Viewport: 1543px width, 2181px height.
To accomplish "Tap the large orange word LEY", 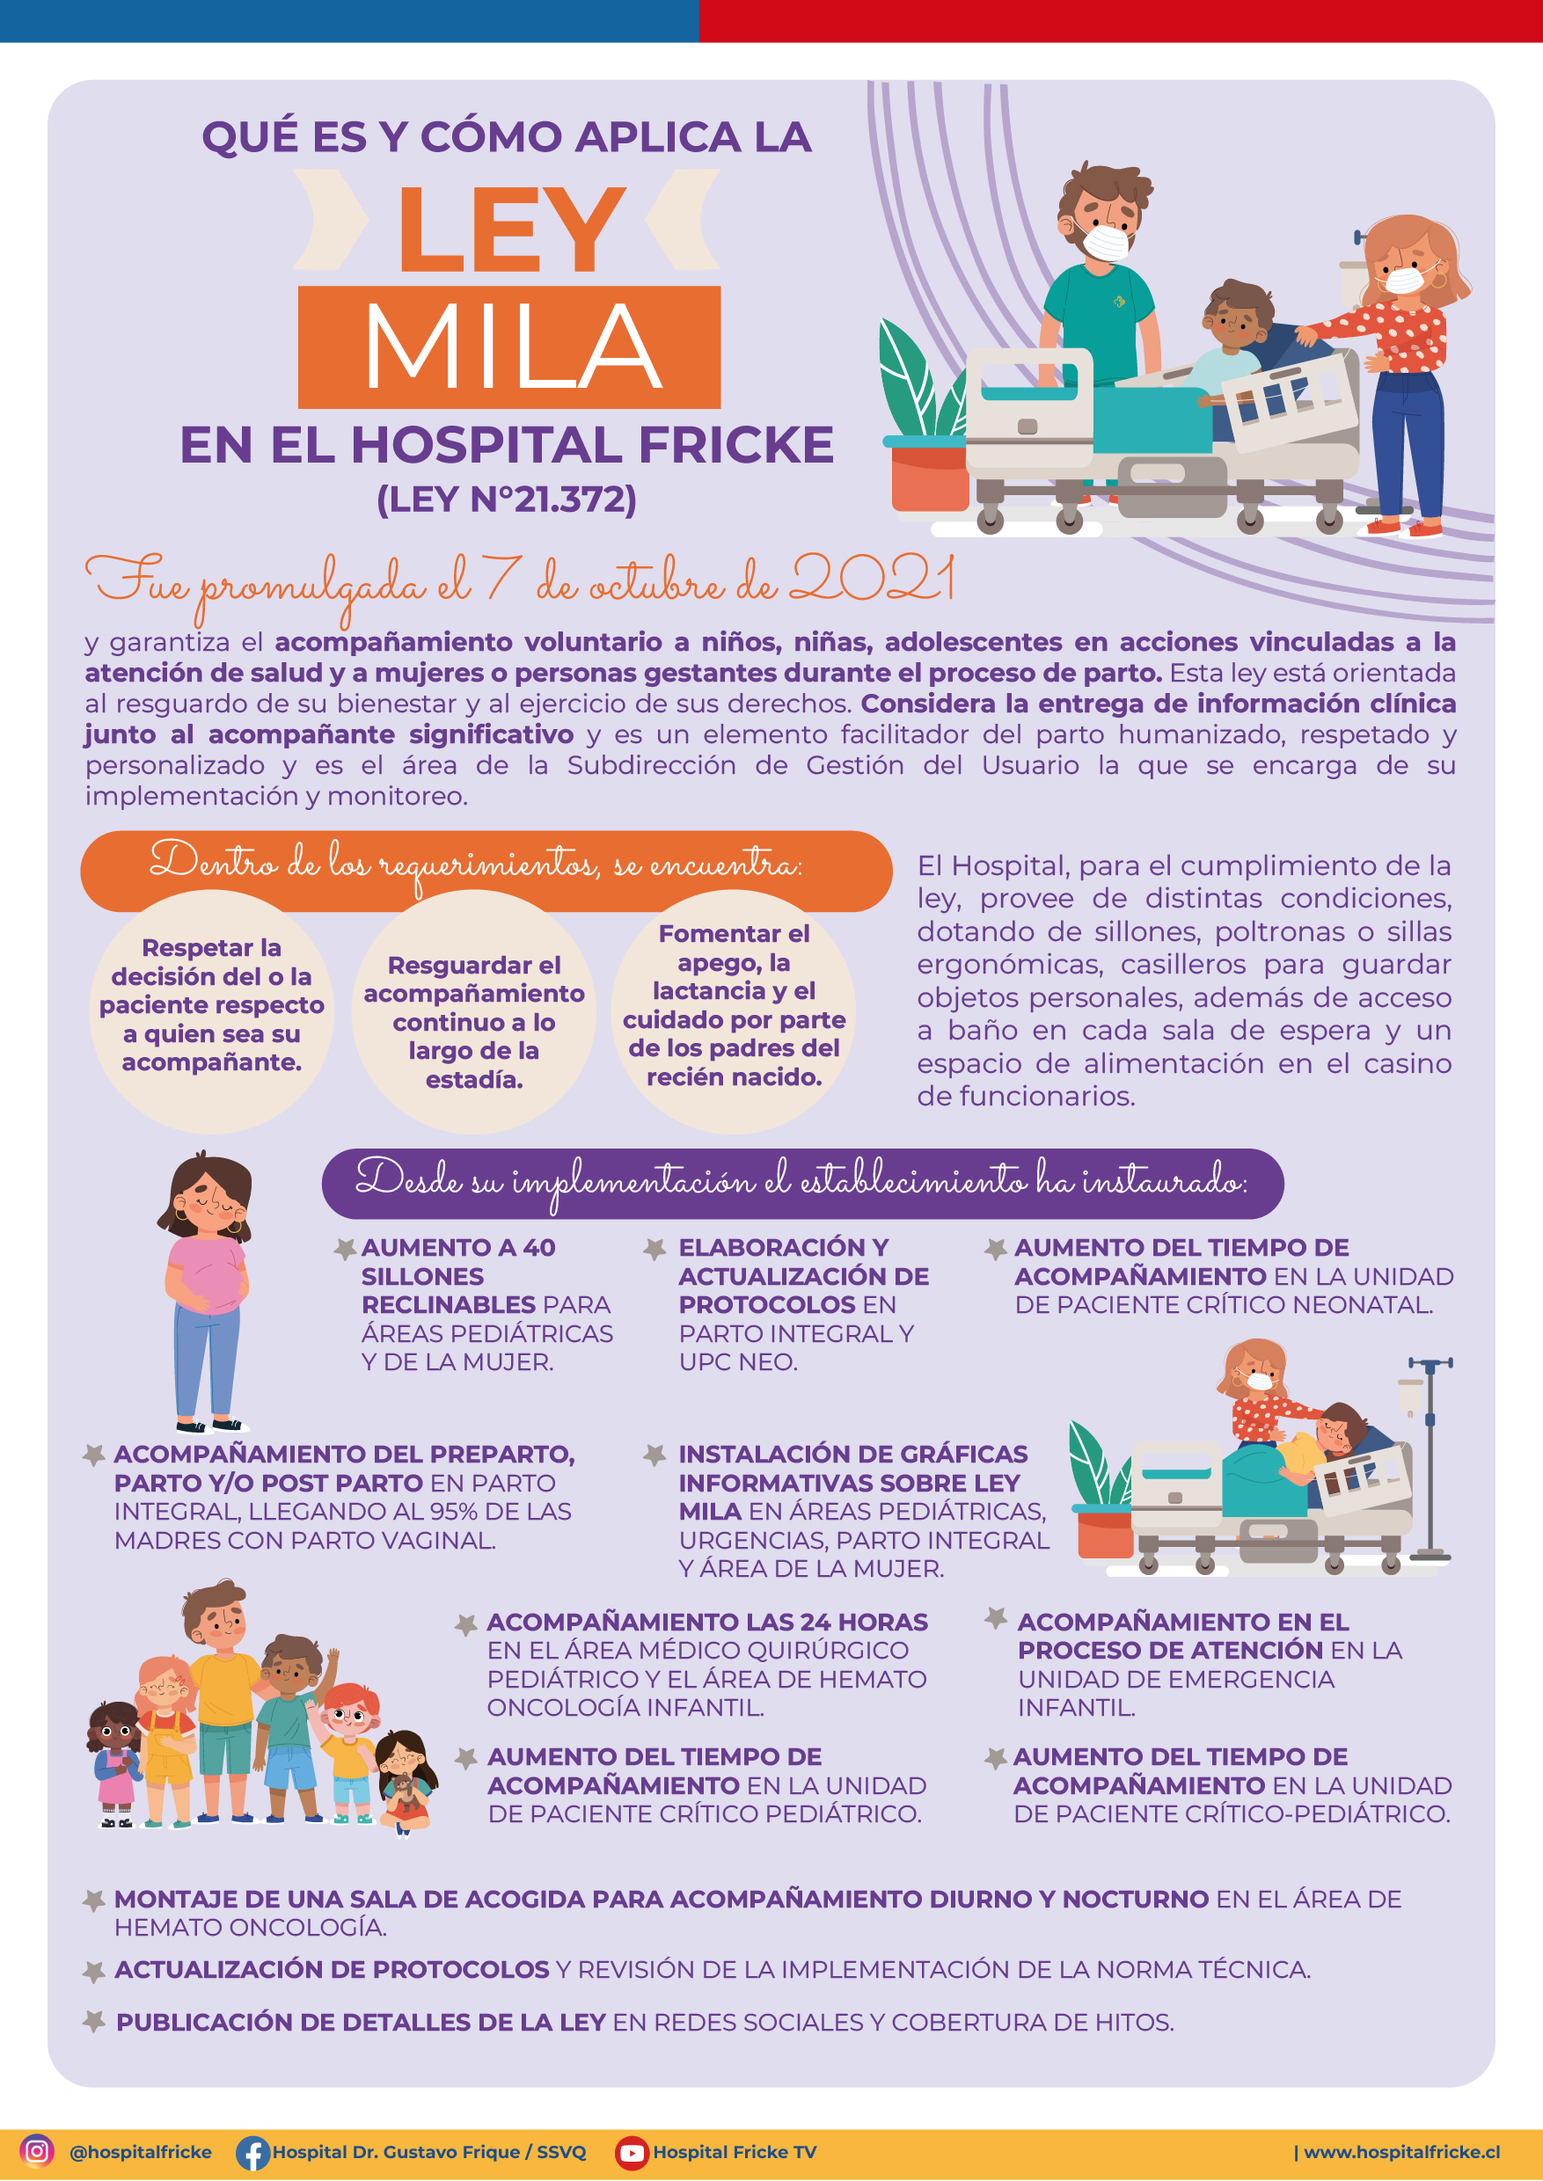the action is point(510,228).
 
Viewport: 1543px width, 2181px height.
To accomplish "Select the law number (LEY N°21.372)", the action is point(507,499).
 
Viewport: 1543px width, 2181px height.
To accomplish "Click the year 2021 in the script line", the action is point(872,578).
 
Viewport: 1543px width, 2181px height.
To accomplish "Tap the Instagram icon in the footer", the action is point(36,2149).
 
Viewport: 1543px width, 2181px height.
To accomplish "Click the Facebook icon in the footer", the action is point(252,2153).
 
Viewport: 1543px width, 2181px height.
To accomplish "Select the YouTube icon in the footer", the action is point(631,2152).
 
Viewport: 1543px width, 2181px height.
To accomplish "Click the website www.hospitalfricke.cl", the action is point(1401,2152).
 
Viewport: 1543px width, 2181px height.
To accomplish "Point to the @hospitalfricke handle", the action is point(141,2152).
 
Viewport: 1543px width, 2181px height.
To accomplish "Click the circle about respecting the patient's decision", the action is point(212,1010).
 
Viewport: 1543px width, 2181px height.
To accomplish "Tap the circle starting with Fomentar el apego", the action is point(734,1010).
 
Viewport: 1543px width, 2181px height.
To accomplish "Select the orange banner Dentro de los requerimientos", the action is point(486,869).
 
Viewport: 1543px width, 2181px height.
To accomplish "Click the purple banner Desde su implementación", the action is point(803,1184).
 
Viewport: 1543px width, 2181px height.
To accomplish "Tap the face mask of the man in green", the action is point(1105,241).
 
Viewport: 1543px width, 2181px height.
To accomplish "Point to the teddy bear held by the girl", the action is point(403,1791).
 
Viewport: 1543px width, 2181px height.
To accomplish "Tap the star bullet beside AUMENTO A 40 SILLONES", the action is point(345,1249).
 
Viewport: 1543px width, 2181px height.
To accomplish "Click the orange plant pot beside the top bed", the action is point(929,474).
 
